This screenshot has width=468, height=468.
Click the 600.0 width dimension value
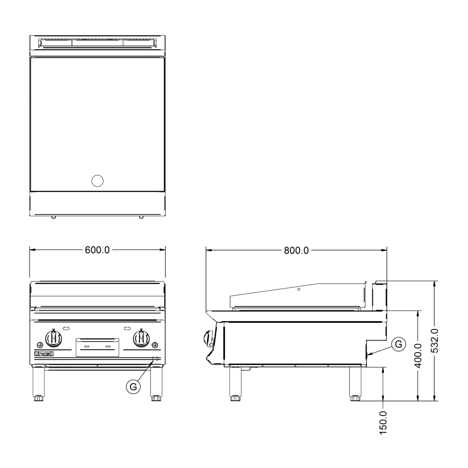[97, 250]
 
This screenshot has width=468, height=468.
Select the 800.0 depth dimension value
[296, 250]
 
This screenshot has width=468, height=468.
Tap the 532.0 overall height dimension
[435, 341]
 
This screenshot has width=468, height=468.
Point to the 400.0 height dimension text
[418, 355]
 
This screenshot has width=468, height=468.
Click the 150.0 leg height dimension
[383, 422]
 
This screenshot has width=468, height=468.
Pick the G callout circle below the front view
[133, 387]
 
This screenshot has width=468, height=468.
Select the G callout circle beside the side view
[398, 344]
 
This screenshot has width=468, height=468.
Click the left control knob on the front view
[54, 338]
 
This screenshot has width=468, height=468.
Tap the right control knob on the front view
[141, 338]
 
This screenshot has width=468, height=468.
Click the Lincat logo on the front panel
[44, 354]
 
